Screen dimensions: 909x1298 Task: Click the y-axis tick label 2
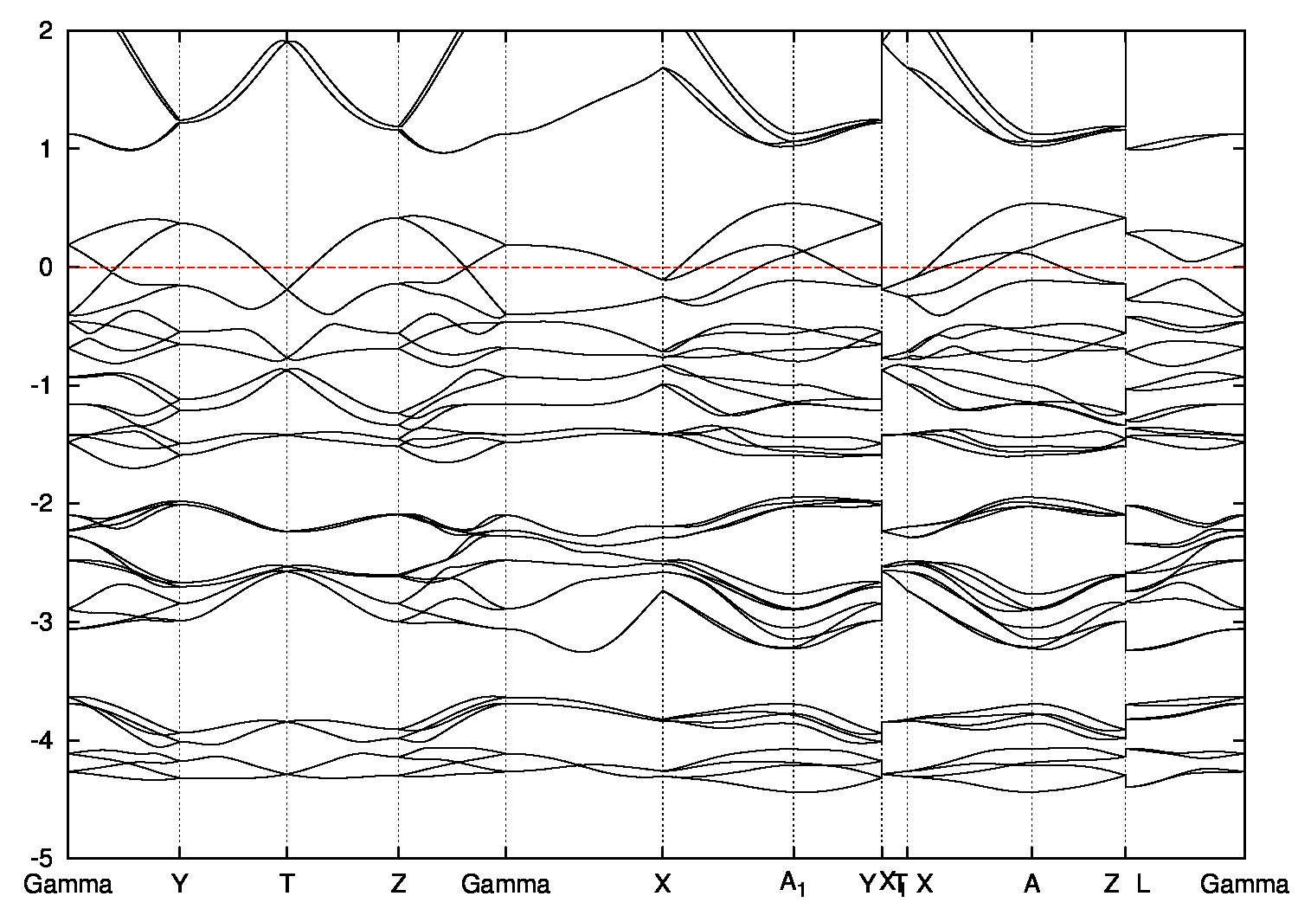click(x=47, y=30)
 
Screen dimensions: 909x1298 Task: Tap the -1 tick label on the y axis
click(x=42, y=385)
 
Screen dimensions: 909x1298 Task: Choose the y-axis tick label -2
click(x=42, y=504)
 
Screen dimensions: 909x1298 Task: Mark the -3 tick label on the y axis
click(x=42, y=622)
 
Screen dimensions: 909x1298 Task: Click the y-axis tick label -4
click(x=42, y=740)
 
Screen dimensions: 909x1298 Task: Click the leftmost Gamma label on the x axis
click(x=68, y=885)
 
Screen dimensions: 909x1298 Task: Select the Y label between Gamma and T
click(x=179, y=885)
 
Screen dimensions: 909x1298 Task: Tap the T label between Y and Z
click(x=286, y=885)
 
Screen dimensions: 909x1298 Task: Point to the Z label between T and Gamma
click(x=398, y=885)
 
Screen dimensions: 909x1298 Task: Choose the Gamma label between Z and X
click(x=505, y=885)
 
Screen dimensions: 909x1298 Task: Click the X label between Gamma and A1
click(x=663, y=885)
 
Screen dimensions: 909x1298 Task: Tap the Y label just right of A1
click(x=867, y=885)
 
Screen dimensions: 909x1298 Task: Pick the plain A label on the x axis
click(x=1031, y=885)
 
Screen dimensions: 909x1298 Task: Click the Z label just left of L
click(x=1112, y=885)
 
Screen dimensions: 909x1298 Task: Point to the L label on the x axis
click(x=1143, y=885)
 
